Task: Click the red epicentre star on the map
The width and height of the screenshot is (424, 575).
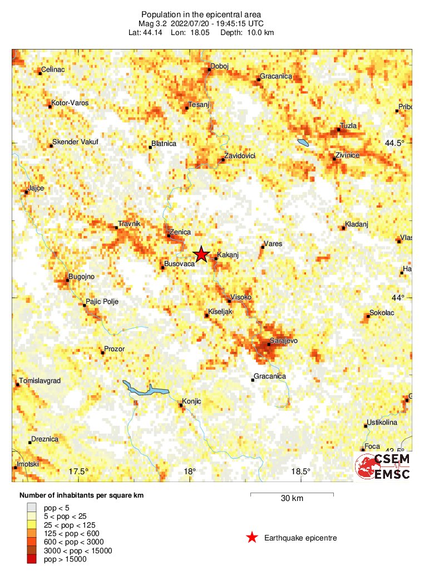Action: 201,254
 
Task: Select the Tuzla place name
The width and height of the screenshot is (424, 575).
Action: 348,126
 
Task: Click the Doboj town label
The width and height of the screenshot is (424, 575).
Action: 220,66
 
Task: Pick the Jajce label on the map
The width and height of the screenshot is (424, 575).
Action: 36,188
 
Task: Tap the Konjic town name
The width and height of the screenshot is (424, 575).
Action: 191,401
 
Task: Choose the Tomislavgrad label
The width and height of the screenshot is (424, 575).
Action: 40,381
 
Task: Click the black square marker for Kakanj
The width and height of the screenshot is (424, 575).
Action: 215,259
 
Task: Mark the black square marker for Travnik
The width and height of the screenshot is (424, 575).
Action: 116,227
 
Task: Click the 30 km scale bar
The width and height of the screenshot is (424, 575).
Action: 292,493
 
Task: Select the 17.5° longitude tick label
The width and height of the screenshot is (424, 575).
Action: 79,471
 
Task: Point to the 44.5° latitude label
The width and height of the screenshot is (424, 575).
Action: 395,143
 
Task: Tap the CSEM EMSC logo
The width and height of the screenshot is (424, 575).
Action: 383,466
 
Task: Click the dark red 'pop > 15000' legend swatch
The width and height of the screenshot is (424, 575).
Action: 33,559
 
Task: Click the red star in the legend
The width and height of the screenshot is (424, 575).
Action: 252,538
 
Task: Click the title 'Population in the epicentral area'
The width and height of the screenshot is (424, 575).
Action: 201,14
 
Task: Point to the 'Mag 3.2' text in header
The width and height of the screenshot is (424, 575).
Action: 152,23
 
